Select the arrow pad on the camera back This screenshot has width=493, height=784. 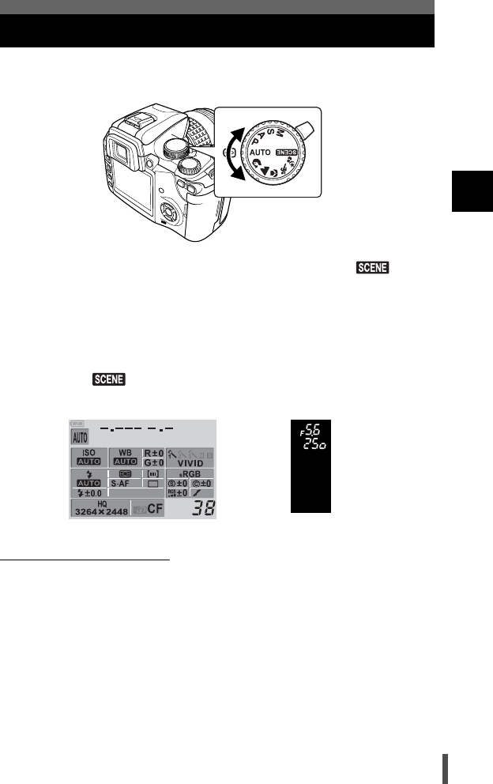tap(168, 212)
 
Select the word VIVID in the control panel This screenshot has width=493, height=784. tap(189, 463)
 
